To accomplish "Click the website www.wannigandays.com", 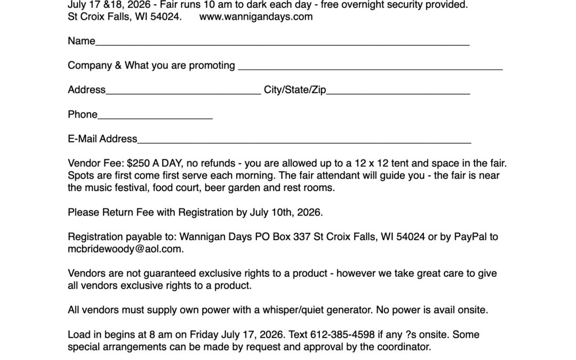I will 256,17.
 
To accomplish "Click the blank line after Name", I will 282,43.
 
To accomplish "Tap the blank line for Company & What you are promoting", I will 370,67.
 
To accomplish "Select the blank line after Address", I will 183,92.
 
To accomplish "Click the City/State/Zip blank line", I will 398,92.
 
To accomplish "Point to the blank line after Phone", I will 155,116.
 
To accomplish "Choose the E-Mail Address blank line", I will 304,141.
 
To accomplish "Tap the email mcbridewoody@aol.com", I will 125,249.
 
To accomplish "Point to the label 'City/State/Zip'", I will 295,90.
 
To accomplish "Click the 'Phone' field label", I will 83,115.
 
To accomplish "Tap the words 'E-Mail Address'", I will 102,139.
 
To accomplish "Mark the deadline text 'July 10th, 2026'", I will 285,212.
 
